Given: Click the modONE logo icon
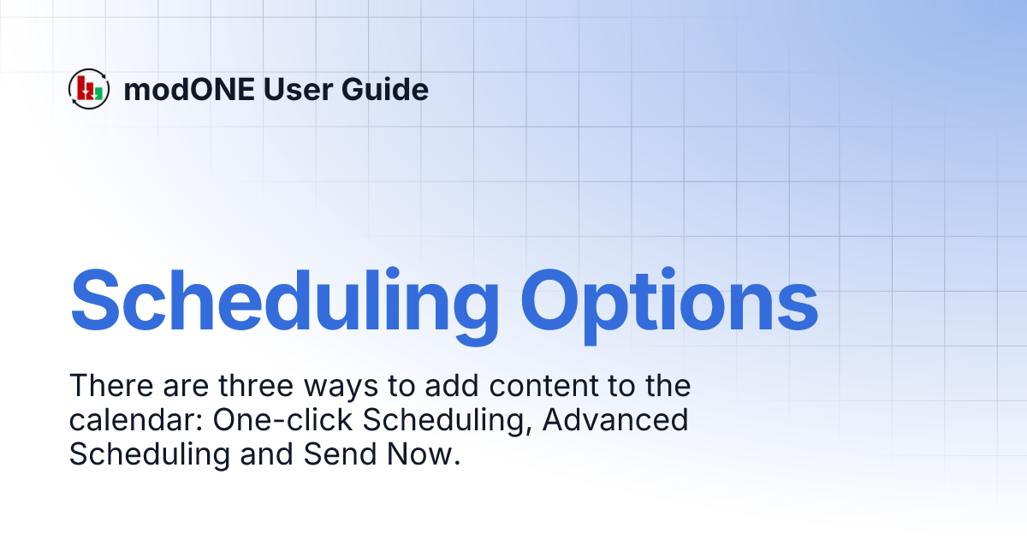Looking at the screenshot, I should pyautogui.click(x=89, y=89).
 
